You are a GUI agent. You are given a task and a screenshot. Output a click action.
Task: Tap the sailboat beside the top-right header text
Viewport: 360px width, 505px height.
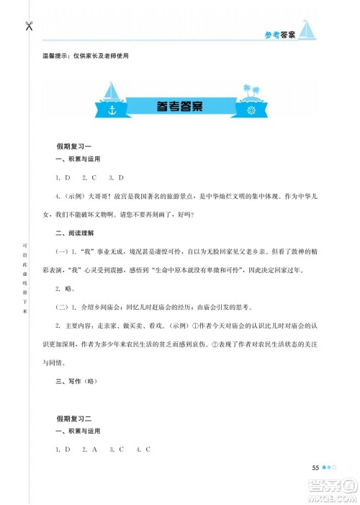click(x=308, y=30)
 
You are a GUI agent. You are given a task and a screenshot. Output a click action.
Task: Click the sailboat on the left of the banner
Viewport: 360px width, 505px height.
click(x=114, y=92)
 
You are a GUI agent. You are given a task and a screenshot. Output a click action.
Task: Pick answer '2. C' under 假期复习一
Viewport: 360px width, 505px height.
click(x=89, y=177)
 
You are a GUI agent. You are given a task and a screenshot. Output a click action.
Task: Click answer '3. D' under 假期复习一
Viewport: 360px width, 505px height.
click(x=117, y=177)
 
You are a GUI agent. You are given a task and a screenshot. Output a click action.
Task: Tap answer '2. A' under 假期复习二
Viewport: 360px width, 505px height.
click(x=89, y=450)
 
